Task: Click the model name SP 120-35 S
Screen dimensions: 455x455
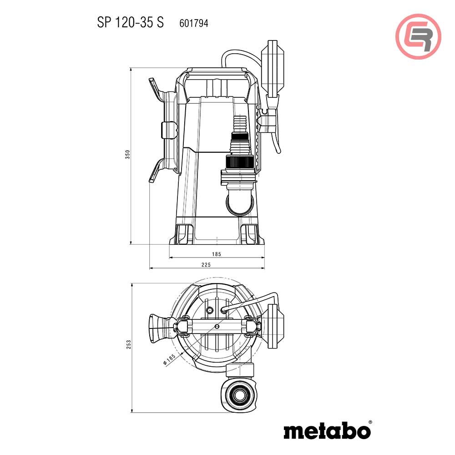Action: pos(130,23)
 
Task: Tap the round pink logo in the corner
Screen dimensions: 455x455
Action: pos(418,36)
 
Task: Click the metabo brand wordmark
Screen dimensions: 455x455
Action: pos(327,430)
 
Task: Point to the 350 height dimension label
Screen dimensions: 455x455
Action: pos(128,155)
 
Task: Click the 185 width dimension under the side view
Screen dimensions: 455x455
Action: pos(216,254)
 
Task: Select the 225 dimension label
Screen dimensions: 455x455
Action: pos(207,264)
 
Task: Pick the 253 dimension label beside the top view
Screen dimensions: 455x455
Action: pos(128,345)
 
